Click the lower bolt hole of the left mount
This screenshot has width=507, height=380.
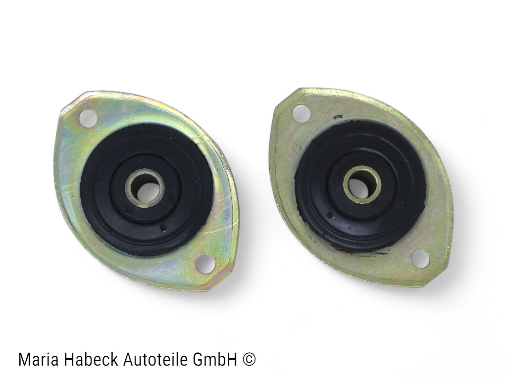click(x=206, y=264)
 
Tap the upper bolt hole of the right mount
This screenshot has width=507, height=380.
click(x=302, y=113)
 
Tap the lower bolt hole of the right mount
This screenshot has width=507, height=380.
click(x=420, y=258)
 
